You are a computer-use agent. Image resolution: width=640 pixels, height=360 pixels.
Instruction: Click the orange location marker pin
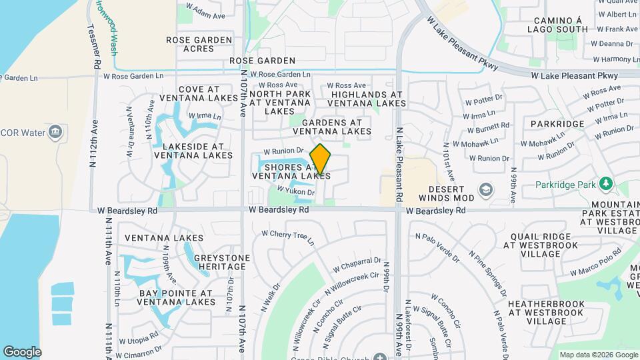click(x=321, y=159)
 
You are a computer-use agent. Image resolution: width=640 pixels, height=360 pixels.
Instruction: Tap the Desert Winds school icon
click(x=485, y=189)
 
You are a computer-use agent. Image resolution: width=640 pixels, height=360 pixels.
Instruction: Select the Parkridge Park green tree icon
click(x=605, y=183)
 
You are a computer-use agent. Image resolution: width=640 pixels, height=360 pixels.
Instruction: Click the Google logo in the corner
click(x=22, y=351)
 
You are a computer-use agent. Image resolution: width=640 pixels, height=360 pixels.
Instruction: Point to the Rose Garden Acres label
click(x=199, y=45)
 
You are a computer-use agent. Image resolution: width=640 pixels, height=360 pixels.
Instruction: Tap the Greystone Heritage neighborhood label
click(x=222, y=262)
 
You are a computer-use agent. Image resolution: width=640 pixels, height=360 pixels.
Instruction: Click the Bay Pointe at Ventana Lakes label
click(x=176, y=297)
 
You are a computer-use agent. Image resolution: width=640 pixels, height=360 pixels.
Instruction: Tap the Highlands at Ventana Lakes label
click(x=368, y=99)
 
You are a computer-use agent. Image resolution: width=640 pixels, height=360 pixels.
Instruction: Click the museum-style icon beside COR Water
click(x=56, y=132)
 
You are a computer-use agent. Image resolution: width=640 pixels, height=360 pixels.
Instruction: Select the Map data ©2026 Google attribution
click(x=597, y=355)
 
